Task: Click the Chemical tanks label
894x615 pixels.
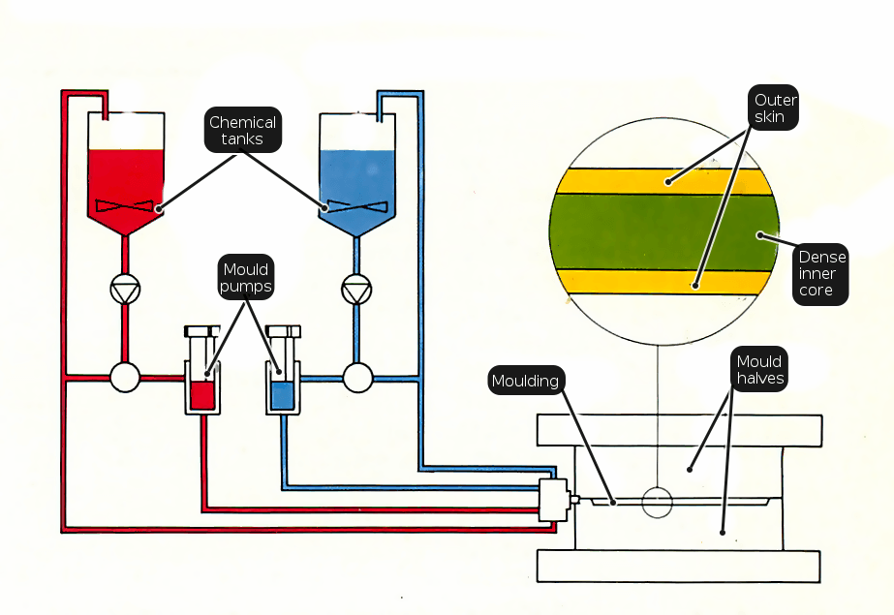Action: click(x=243, y=130)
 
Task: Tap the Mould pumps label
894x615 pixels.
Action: click(x=246, y=277)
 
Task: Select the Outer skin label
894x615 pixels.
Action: click(x=773, y=108)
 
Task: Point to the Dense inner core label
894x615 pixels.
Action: click(x=820, y=274)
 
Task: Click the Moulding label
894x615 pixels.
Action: click(x=526, y=381)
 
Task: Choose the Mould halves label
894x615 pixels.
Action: click(x=759, y=369)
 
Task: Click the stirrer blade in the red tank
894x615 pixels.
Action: click(x=124, y=205)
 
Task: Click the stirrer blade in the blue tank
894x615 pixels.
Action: click(x=356, y=206)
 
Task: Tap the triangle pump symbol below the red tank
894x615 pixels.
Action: click(x=125, y=290)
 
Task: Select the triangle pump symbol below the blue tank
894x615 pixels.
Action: click(x=356, y=290)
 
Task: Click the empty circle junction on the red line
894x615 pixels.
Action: click(x=125, y=378)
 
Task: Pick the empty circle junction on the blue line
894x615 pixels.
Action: click(x=358, y=378)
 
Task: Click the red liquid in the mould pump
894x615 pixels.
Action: click(x=202, y=395)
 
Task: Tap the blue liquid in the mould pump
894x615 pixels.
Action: click(x=283, y=395)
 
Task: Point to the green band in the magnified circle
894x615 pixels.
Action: click(x=664, y=231)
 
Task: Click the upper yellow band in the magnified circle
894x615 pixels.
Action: click(x=664, y=182)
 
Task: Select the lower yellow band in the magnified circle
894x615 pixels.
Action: click(x=664, y=282)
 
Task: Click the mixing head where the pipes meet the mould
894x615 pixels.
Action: click(x=554, y=500)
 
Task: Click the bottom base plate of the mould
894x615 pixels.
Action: click(x=678, y=566)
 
